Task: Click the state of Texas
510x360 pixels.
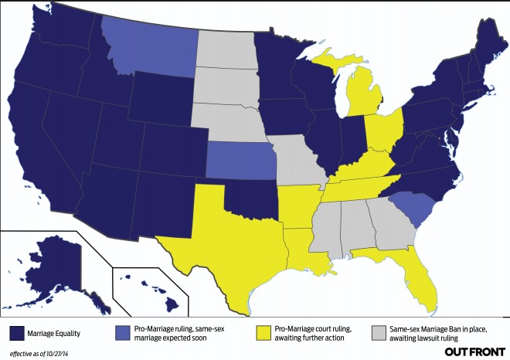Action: tap(224, 232)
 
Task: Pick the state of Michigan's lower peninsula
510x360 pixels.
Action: tap(359, 97)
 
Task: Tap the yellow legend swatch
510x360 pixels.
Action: tap(263, 333)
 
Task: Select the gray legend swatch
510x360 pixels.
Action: tap(378, 333)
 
